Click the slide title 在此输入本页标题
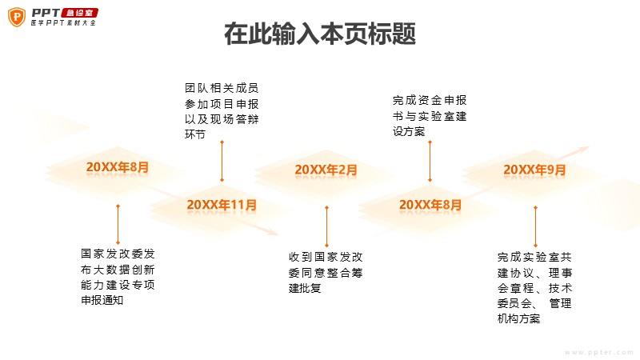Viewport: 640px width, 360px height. click(x=320, y=34)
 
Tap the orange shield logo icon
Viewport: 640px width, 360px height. click(x=17, y=17)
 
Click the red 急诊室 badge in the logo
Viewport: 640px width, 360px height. click(x=79, y=13)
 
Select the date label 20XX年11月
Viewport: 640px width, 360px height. click(x=222, y=205)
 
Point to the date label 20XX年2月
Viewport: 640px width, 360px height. click(x=326, y=170)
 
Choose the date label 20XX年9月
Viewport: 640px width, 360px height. click(x=534, y=170)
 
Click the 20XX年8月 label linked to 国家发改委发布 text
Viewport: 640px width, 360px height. click(x=118, y=167)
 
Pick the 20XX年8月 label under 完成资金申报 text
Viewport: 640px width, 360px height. click(x=430, y=205)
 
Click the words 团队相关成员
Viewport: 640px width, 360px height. click(x=222, y=88)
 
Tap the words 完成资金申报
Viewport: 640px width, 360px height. click(x=430, y=100)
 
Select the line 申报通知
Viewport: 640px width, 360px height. click(x=102, y=300)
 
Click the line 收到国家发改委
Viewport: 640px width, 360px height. click(x=326, y=257)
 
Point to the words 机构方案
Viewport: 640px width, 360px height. click(x=518, y=318)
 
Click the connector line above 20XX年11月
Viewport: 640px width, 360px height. click(x=222, y=162)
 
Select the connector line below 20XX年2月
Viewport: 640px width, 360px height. click(x=326, y=226)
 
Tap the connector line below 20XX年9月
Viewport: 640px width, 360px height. click(x=535, y=226)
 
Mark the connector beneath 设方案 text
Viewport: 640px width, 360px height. click(x=430, y=162)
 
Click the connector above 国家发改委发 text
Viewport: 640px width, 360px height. click(x=118, y=225)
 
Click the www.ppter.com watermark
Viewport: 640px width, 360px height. click(x=598, y=352)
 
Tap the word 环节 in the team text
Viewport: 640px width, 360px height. click(x=194, y=134)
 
